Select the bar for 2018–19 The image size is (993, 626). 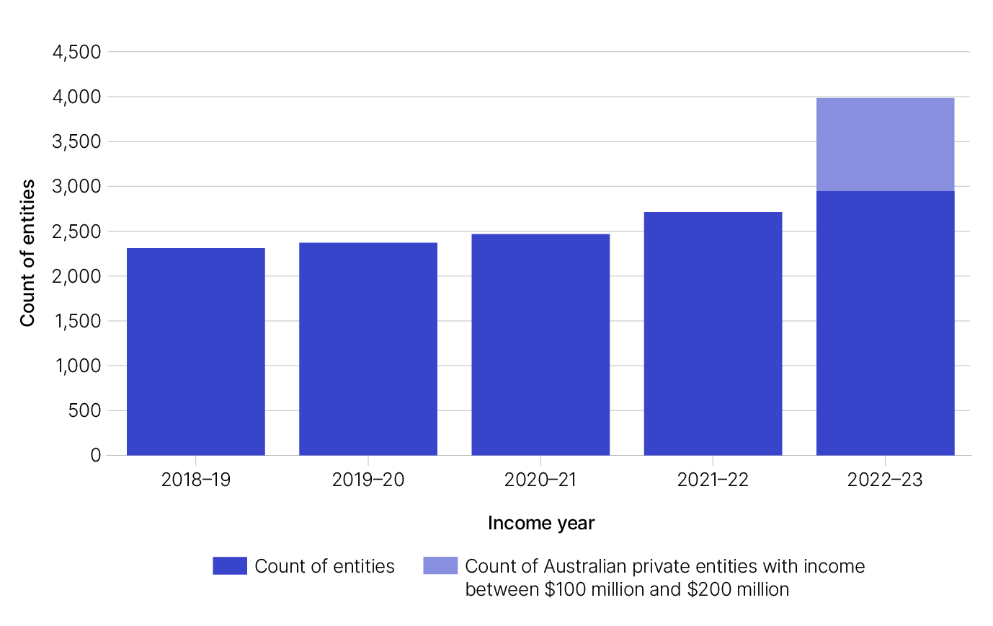(x=195, y=351)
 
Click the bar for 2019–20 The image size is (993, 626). (x=368, y=348)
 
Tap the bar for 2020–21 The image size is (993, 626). (x=540, y=344)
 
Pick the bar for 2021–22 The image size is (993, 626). (x=713, y=333)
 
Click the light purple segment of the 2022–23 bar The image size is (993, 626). (x=885, y=144)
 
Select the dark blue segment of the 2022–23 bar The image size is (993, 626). (x=885, y=322)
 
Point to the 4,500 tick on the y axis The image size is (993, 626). (x=76, y=52)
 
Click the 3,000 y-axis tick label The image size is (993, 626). (x=76, y=187)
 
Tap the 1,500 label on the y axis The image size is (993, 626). (x=76, y=321)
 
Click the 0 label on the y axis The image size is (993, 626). (x=95, y=456)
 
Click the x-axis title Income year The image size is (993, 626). (x=541, y=523)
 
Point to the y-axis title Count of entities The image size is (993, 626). (x=27, y=254)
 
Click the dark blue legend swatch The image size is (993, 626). (x=230, y=566)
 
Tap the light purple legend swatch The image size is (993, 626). (x=440, y=566)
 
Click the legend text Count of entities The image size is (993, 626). (x=324, y=567)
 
